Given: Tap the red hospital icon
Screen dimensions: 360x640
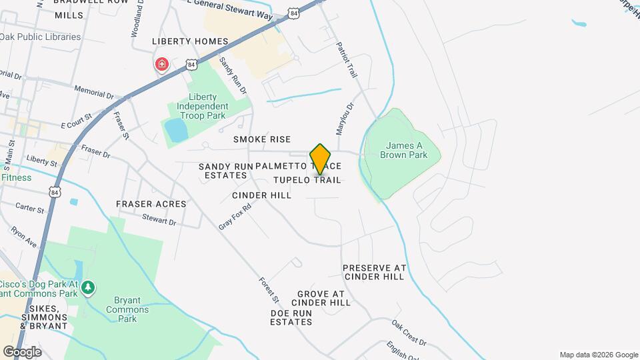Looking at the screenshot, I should [161, 65].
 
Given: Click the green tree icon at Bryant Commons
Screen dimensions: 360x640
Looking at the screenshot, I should [88, 288].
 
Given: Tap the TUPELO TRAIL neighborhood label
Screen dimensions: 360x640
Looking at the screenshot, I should [307, 180].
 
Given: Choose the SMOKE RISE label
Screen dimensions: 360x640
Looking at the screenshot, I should [262, 139].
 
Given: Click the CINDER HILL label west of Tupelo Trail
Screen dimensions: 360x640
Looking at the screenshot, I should [262, 195].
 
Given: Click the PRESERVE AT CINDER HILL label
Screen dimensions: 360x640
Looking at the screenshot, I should [374, 272].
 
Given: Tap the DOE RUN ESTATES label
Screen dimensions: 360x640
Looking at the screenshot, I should [291, 317].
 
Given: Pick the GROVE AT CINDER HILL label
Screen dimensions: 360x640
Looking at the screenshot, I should [324, 298].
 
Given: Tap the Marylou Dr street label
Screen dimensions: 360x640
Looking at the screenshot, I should [345, 117].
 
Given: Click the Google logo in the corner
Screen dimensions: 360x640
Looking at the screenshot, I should [22, 351].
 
